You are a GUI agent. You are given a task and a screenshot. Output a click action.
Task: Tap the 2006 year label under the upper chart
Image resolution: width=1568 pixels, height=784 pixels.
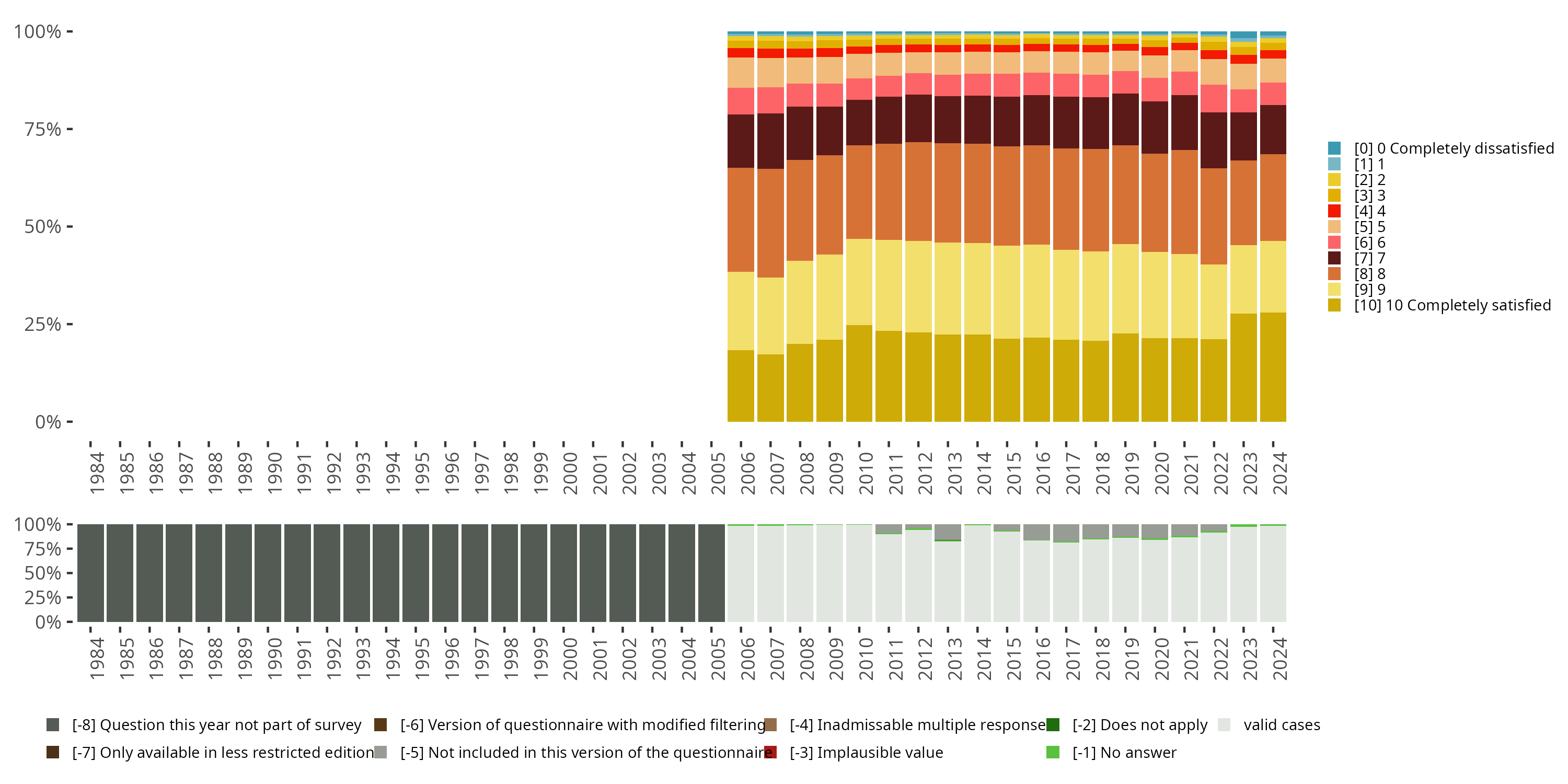point(747,473)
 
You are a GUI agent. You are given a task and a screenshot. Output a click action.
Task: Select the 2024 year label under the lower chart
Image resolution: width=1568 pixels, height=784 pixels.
point(1279,659)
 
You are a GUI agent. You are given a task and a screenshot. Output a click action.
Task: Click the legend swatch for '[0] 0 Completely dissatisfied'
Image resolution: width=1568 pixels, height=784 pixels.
point(1334,148)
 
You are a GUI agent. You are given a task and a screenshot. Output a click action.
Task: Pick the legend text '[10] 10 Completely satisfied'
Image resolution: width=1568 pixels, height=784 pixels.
point(1452,305)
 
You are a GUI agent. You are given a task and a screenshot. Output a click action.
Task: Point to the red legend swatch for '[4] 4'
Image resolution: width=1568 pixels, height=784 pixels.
point(1334,211)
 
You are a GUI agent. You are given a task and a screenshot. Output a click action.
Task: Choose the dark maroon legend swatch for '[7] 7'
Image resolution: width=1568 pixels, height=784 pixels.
point(1334,258)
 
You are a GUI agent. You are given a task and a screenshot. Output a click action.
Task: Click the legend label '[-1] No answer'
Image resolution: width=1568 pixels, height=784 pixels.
point(1124,752)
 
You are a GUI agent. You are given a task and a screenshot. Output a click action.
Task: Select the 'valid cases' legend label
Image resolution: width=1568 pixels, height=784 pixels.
point(1281,725)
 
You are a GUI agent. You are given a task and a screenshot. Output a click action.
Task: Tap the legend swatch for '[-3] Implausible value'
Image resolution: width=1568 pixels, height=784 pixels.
point(770,752)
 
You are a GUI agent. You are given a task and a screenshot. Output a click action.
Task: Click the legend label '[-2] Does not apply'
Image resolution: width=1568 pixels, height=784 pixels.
point(1139,725)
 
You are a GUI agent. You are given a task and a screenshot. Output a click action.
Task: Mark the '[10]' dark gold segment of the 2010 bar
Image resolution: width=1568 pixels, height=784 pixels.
point(859,373)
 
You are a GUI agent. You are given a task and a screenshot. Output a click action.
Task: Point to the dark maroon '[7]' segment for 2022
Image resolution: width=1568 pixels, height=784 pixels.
point(1214,140)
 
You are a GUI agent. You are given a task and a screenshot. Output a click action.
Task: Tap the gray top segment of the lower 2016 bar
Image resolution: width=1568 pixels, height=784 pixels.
point(1036,532)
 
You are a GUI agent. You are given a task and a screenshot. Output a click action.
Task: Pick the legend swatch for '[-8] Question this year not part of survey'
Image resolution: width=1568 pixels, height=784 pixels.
point(53,725)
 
